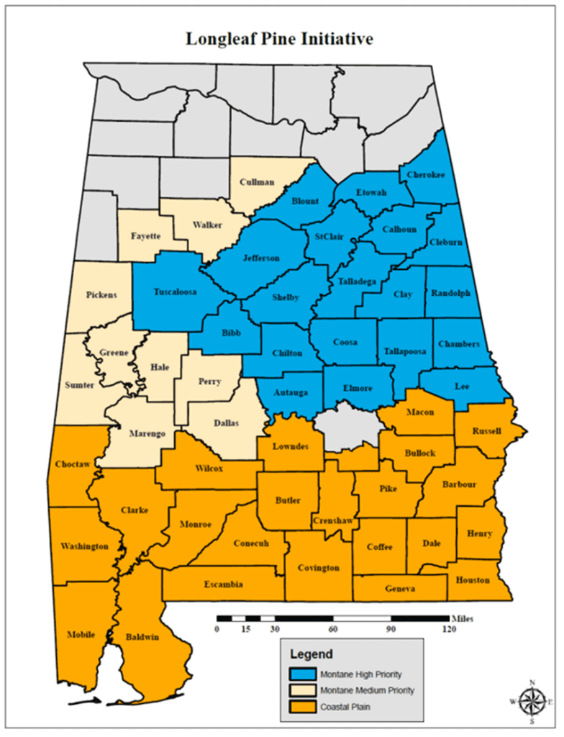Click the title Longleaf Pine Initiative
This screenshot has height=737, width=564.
[x=279, y=39]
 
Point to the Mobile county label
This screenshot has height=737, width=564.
[x=81, y=634]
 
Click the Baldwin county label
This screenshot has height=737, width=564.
[x=143, y=637]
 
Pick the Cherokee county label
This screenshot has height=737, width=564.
[x=425, y=175]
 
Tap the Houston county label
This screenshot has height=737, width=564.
[x=472, y=580]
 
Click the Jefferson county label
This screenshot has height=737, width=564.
[x=261, y=258]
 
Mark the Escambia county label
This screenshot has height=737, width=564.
[x=223, y=584]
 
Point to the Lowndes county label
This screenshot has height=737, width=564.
[x=291, y=446]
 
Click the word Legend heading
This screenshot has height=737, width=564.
[x=311, y=655]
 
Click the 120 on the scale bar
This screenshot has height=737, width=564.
[x=449, y=628]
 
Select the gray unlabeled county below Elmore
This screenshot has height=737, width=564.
[x=348, y=422]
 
